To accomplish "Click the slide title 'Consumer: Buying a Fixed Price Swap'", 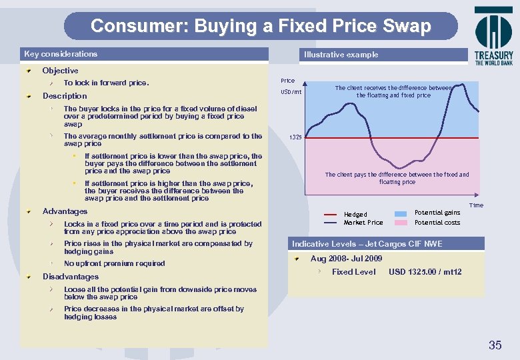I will pos(261,26).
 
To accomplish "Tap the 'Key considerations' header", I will pos(61,54).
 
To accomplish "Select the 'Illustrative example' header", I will pos(341,55).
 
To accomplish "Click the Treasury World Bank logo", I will pos(493,36).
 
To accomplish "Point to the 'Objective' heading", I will pos(60,71).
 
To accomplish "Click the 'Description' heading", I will pos(65,96).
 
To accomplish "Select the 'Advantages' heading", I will pos(65,211).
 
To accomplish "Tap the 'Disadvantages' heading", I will pos(70,277).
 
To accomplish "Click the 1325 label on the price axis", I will pos(295,138).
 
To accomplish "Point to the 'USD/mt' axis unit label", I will pos(291,92).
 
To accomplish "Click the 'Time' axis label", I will pos(476,205).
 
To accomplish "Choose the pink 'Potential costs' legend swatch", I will pos(401,223).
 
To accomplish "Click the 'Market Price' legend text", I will pos(363,223).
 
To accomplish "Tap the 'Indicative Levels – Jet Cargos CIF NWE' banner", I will pos(366,244).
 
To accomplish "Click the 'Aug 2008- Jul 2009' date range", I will pos(346,259).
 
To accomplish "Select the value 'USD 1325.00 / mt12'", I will pos(425,272).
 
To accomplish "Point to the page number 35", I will pos(495,345).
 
